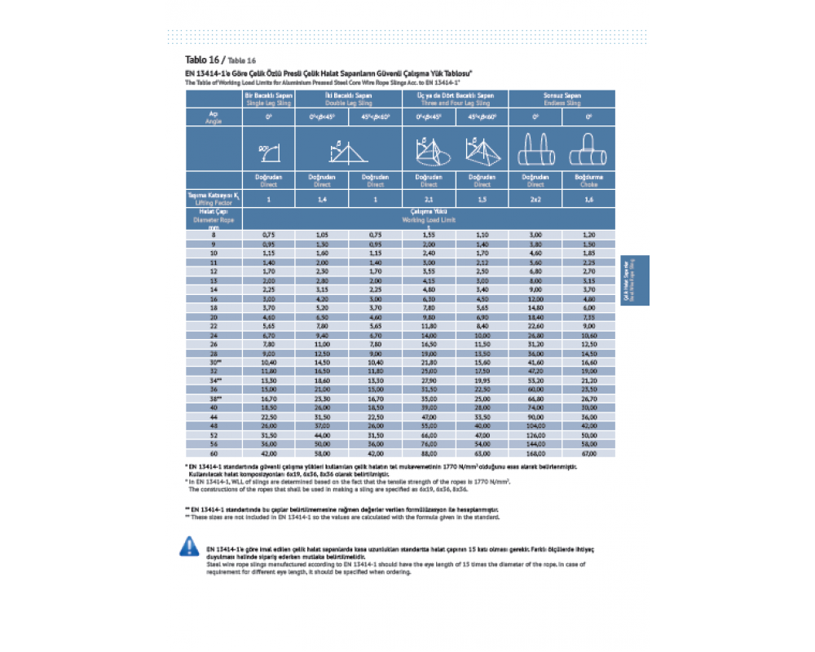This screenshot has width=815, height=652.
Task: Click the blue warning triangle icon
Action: point(188,547)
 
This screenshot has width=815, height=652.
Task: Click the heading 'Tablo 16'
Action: point(204,60)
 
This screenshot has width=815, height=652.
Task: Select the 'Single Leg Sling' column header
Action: point(268,99)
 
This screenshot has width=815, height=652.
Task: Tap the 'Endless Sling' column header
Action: point(562,99)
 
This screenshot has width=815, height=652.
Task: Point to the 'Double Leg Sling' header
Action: point(349,99)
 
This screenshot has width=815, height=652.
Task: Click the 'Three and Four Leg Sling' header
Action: point(456,99)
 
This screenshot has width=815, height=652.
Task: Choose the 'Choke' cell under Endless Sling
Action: point(588,180)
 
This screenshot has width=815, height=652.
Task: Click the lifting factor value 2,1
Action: point(429,198)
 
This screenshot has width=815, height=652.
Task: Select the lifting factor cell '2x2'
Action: point(535,198)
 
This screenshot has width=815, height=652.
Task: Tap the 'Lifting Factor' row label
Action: point(214,198)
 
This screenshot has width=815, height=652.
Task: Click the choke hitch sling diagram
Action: point(588,148)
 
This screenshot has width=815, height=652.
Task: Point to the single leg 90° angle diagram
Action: point(268,149)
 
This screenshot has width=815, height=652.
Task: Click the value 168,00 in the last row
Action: point(535,453)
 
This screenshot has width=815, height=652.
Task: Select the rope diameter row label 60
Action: point(214,453)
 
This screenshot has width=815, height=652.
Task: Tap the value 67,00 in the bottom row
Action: point(588,453)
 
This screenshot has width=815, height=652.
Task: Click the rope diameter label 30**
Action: point(214,361)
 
